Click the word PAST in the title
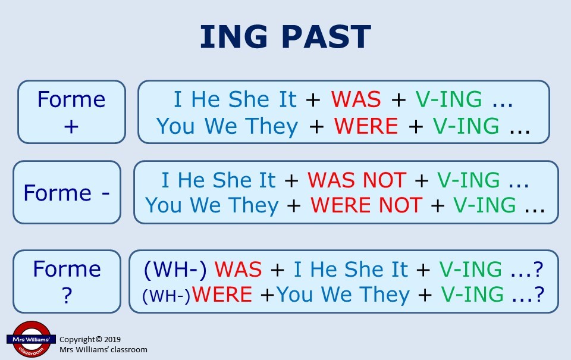(x=327, y=36)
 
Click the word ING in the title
(x=234, y=36)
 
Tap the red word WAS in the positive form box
(x=356, y=99)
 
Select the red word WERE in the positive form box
(x=366, y=126)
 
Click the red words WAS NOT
(x=356, y=180)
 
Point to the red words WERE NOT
(x=366, y=205)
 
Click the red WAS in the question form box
(x=238, y=270)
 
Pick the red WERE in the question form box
(x=222, y=295)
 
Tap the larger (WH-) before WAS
(x=175, y=270)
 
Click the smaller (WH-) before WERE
(x=167, y=296)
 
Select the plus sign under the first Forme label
(x=71, y=127)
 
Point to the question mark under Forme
(x=67, y=295)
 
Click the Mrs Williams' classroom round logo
(x=31, y=339)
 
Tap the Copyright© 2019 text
(x=90, y=340)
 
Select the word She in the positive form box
(x=249, y=99)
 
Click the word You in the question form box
(x=295, y=295)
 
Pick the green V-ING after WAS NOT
(x=468, y=180)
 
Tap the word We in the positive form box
(x=220, y=126)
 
